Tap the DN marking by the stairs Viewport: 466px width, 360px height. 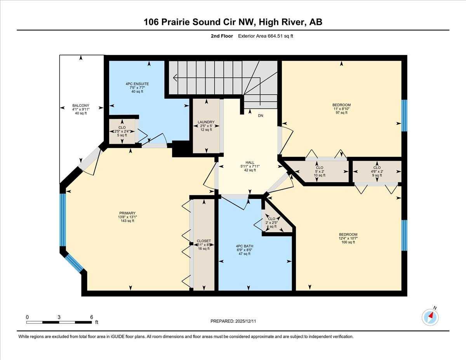[x=261, y=115]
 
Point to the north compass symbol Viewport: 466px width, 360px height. [x=430, y=317]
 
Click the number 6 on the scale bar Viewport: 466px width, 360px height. [x=92, y=317]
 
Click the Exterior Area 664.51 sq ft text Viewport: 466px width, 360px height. [x=268, y=36]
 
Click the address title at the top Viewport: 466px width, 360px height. [x=233, y=22]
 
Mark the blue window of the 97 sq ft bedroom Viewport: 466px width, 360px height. [x=404, y=115]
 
